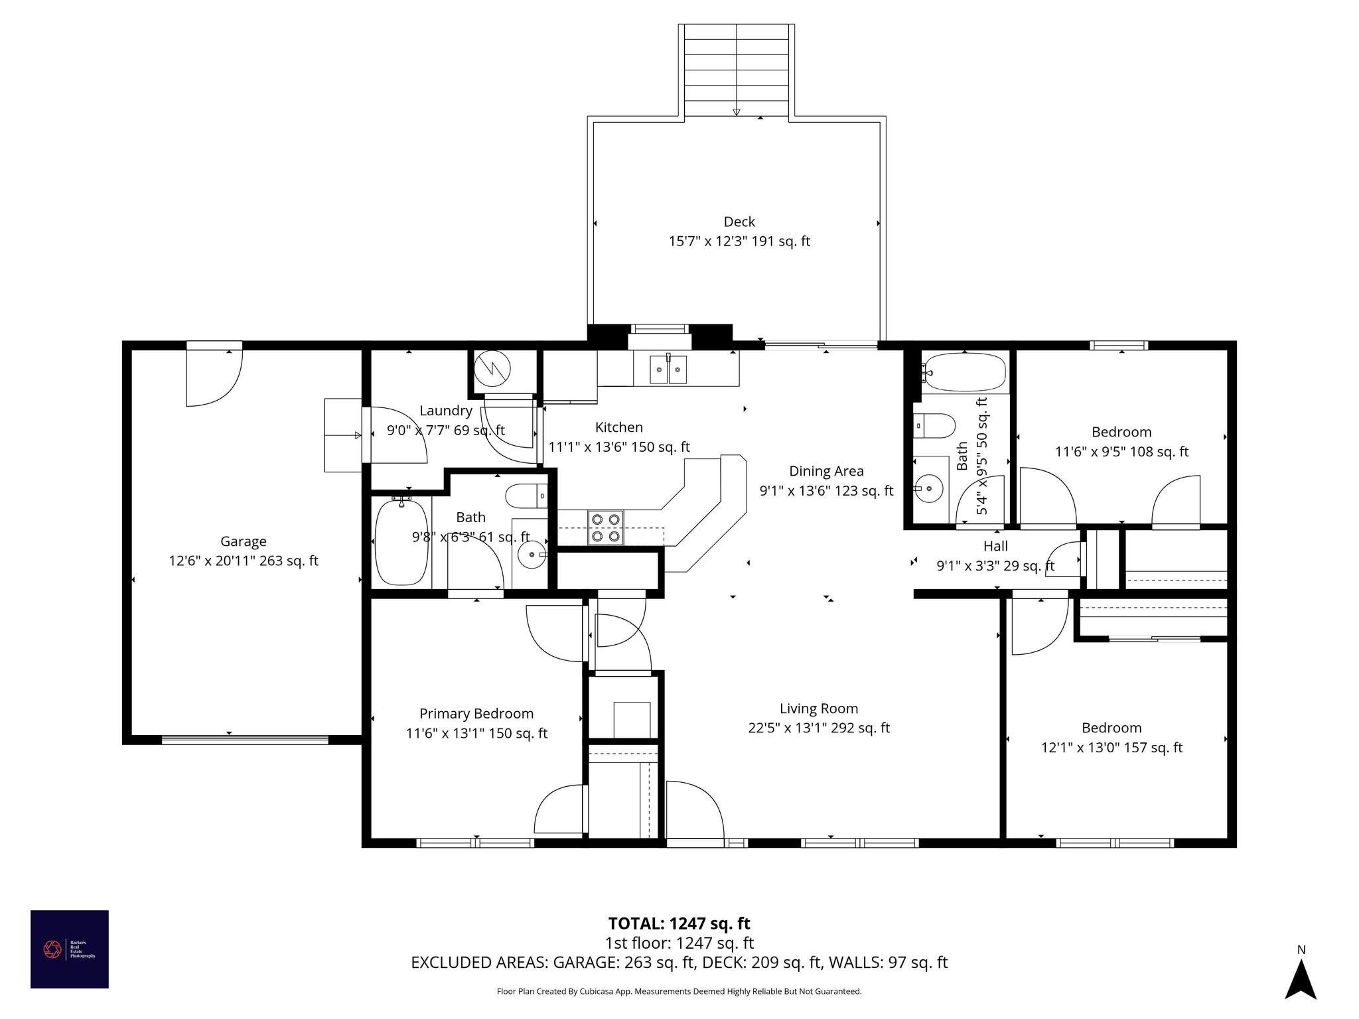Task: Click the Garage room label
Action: [244, 541]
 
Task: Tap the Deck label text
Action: [739, 222]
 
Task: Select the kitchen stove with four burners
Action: [605, 527]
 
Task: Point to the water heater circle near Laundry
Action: [494, 368]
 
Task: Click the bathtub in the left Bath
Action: [401, 542]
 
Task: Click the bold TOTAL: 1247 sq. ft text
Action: [679, 923]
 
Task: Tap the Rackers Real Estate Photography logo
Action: [70, 949]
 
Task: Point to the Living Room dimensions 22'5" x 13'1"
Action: [819, 728]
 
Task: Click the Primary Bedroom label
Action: [476, 714]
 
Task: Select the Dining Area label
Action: [826, 471]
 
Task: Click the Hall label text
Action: [995, 546]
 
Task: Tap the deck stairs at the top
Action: [736, 70]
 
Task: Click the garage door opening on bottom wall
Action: [245, 740]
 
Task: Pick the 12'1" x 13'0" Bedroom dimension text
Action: [1111, 748]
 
